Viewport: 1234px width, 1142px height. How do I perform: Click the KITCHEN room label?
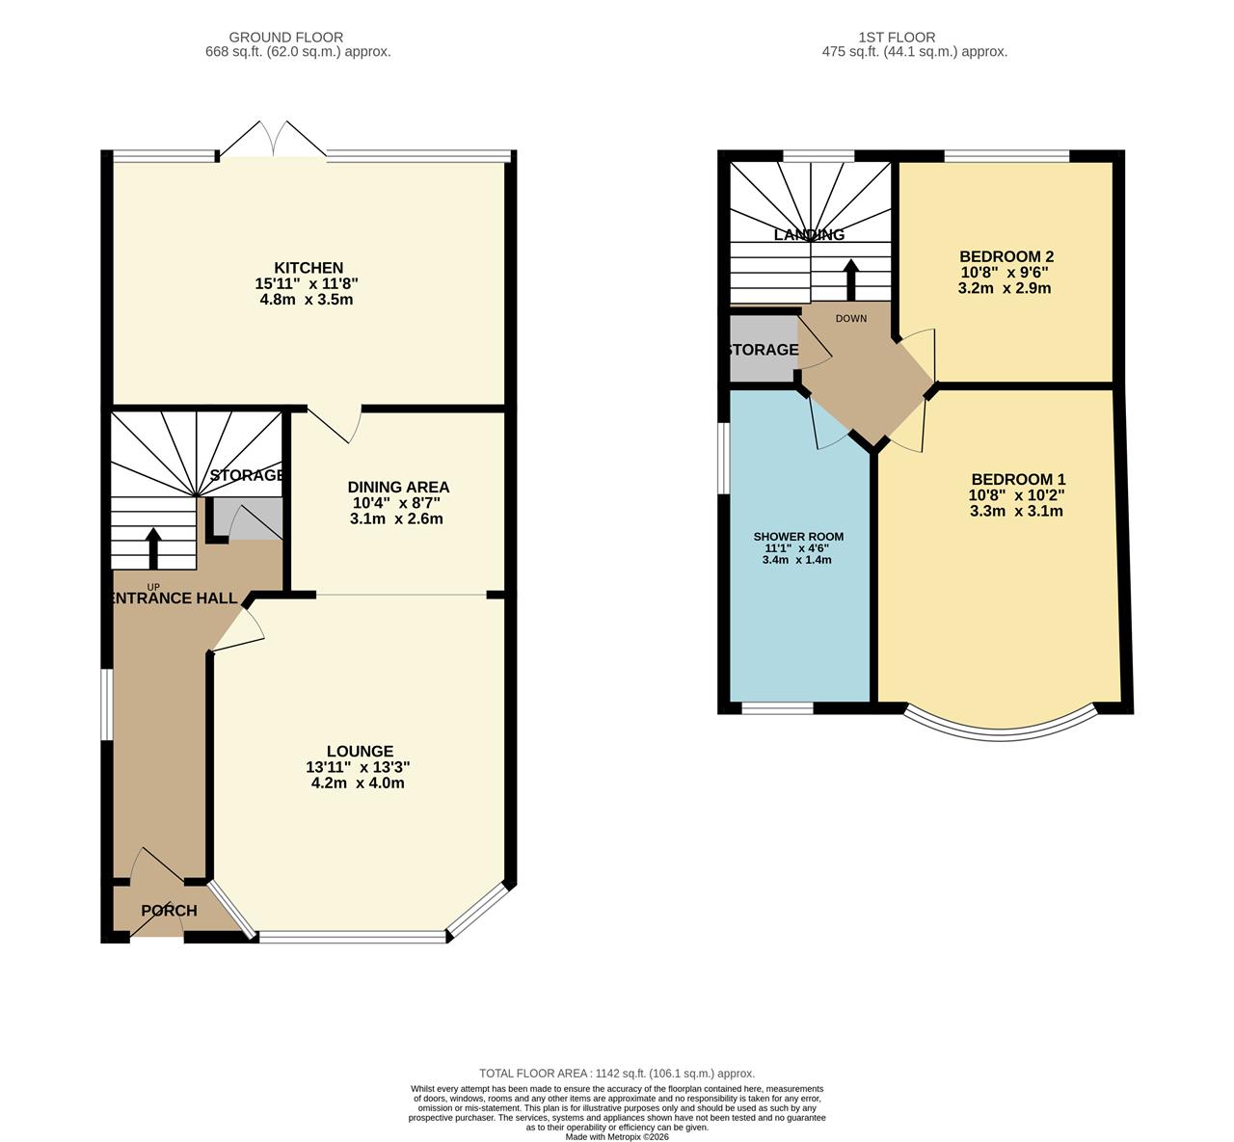tap(308, 267)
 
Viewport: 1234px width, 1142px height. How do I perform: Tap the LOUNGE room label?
tap(360, 751)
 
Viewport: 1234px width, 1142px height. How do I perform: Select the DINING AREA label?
tap(398, 487)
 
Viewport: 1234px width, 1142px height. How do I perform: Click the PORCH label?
tap(169, 911)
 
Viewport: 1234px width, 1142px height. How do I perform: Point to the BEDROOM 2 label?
tap(1006, 256)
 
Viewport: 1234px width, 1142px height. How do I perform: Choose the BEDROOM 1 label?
tap(1018, 479)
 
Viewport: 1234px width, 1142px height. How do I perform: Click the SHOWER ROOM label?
tap(798, 537)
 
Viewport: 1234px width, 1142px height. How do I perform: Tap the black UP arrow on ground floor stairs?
tap(152, 548)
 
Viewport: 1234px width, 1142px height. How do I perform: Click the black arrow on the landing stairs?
tap(850, 280)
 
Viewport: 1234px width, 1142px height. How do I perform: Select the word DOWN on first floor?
tap(850, 319)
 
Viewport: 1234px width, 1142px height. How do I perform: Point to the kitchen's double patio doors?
tap(272, 140)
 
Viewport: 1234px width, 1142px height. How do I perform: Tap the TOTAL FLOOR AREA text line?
tap(617, 1073)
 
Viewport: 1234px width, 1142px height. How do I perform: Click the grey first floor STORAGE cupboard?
tap(763, 350)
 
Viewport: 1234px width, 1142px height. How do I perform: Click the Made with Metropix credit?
tap(617, 1136)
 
